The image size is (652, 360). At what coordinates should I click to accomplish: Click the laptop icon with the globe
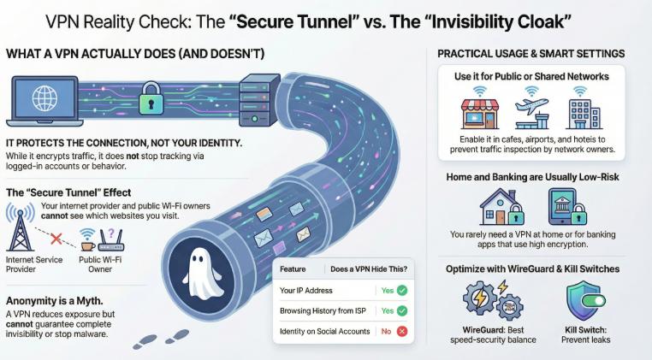tap(44, 101)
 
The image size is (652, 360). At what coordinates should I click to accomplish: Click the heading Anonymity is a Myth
tap(55, 301)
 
